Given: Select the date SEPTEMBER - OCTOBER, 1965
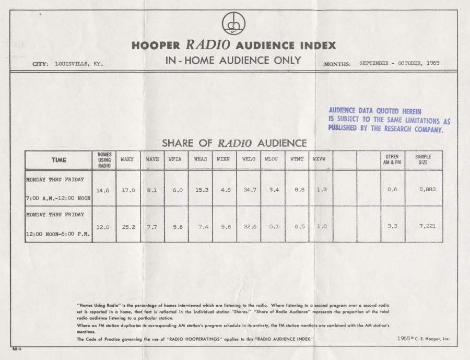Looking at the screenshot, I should [x=399, y=63].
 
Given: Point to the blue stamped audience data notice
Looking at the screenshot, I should [x=389, y=120].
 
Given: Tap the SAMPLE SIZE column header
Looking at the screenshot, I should [x=422, y=159].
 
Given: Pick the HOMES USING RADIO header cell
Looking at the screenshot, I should [x=104, y=159].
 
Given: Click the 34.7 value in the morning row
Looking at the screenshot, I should [x=249, y=190].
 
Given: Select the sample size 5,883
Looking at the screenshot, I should [x=426, y=189].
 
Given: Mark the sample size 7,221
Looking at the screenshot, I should [x=426, y=226].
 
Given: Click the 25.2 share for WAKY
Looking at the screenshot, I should [x=128, y=226].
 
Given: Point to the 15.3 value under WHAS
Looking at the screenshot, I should [x=201, y=190].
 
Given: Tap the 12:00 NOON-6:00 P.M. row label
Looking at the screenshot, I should [x=58, y=234].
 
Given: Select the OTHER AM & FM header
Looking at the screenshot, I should [x=392, y=159].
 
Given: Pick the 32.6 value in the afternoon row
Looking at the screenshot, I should [x=249, y=226].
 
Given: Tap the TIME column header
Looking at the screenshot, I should [x=58, y=159].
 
